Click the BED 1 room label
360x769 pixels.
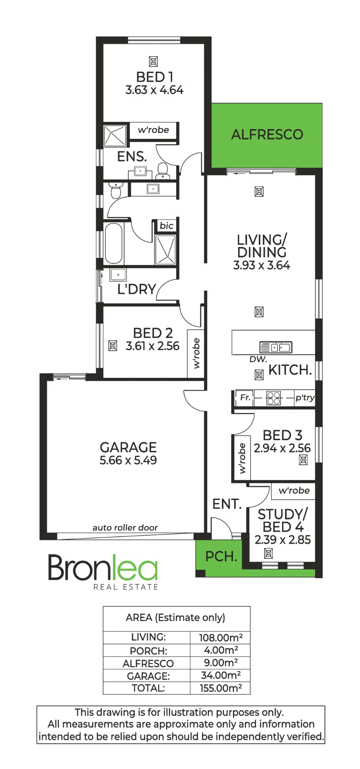point(155,77)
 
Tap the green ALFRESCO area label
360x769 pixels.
point(267,135)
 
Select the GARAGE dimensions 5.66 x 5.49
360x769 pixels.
point(128,460)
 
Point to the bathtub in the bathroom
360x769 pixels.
point(113,243)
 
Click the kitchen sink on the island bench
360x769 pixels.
point(276,347)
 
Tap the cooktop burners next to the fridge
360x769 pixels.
point(273,398)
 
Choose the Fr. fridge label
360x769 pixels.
point(245,397)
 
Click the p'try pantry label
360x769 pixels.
point(305,398)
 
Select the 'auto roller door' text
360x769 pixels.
point(125,528)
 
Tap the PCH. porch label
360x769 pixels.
point(221,556)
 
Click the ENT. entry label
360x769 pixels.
point(227,504)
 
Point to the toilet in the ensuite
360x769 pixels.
point(163,171)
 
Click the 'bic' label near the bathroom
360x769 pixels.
point(167,226)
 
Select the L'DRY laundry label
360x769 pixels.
point(137,289)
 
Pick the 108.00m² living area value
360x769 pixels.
point(221,638)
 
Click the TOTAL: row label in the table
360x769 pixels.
point(148,688)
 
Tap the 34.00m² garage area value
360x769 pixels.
point(221,675)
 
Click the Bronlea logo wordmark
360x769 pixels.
point(103,568)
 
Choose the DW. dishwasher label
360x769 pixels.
point(258,359)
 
